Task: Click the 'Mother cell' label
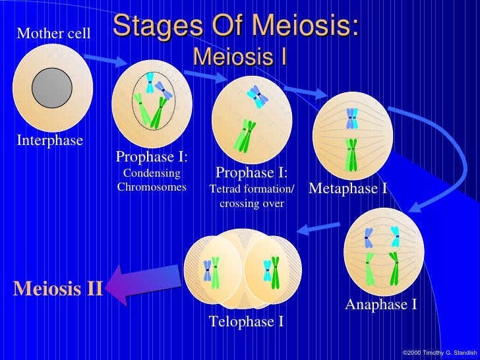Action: coord(53,32)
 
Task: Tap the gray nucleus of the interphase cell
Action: coord(52,88)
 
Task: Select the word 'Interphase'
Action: coord(49,140)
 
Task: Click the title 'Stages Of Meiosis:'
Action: coord(236,27)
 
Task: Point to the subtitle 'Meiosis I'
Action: coord(239,57)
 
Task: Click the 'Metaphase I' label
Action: coord(348,189)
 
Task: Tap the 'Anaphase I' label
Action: coord(380,305)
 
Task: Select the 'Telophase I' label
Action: coord(246,322)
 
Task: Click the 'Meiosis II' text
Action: coord(58,289)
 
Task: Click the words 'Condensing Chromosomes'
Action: coord(152,180)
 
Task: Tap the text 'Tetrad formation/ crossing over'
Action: coord(251,196)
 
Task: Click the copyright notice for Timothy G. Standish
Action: coord(438,353)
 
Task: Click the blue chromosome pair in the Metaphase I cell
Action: coord(352,118)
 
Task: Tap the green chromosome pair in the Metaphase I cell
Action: coord(352,154)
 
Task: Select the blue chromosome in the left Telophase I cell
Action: coord(208,270)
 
